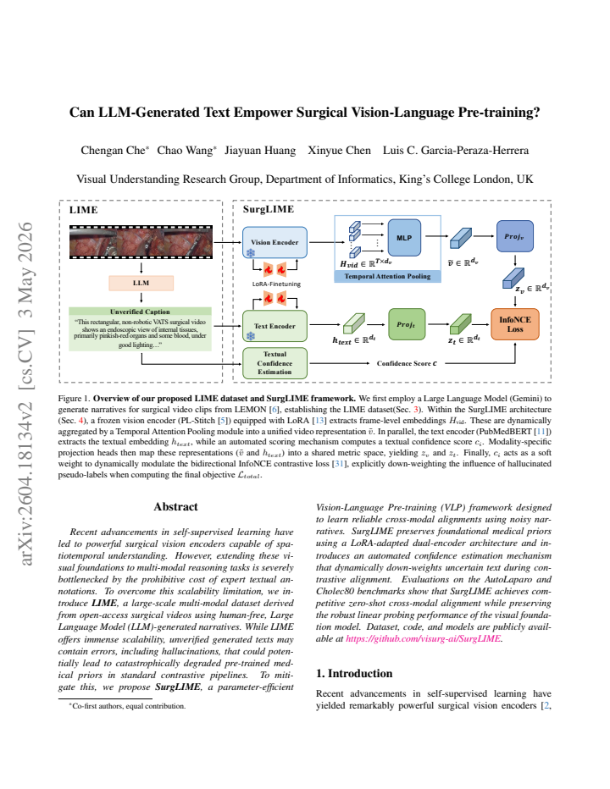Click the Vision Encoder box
[x=274, y=242]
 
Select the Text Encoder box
[x=274, y=326]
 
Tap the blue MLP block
[x=404, y=238]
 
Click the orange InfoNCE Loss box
[x=515, y=324]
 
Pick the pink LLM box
[x=141, y=283]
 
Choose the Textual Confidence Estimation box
[x=274, y=363]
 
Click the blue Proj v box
[x=515, y=236]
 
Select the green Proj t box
[x=407, y=324]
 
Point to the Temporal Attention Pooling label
[x=387, y=276]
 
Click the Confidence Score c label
[x=407, y=363]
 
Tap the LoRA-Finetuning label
[x=276, y=284]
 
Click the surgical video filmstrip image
[x=141, y=242]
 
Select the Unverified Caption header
[x=140, y=312]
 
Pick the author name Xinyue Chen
[x=339, y=151]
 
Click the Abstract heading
[x=175, y=507]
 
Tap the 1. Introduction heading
[x=354, y=673]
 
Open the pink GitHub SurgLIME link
[x=423, y=638]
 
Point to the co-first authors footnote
[x=127, y=706]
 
